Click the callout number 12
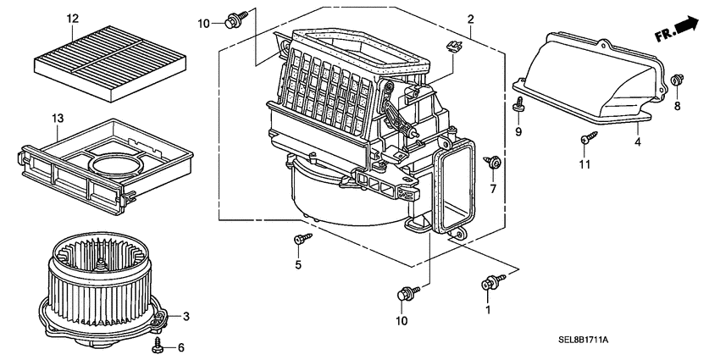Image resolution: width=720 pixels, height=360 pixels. click(x=72, y=18)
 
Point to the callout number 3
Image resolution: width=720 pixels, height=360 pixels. click(x=186, y=317)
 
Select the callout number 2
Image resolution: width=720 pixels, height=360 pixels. click(x=470, y=19)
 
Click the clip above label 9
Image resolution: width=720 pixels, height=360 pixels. click(x=518, y=103)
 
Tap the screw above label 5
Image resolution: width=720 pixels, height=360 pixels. click(x=300, y=240)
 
